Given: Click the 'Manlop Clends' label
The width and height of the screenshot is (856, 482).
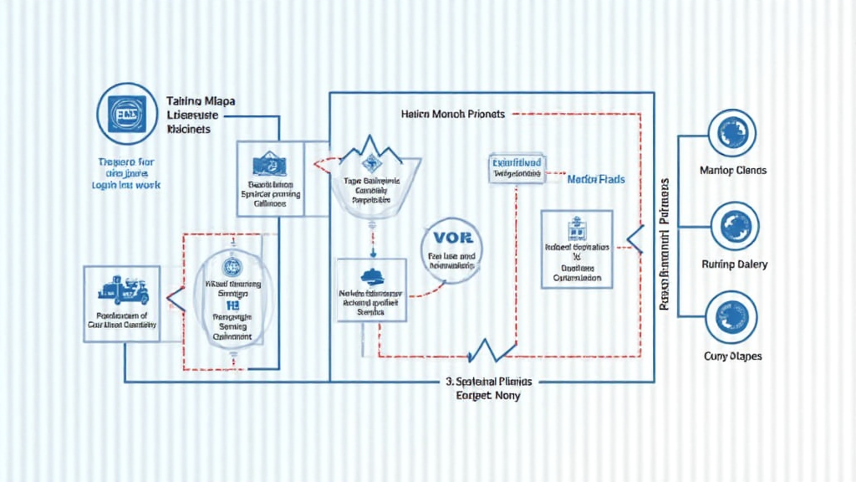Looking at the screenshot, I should click(733, 171).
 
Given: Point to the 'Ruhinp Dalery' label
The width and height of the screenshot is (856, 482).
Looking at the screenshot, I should click(734, 264).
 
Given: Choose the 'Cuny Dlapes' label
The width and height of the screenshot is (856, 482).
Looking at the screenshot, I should click(733, 356).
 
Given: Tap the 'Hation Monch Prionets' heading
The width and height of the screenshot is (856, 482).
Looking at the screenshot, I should click(453, 114).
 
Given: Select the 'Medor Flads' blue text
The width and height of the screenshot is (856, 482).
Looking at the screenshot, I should click(596, 179).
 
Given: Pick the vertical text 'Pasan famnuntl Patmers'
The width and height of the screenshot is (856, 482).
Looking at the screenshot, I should click(666, 244).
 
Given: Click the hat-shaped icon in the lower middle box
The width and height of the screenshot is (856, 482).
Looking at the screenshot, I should click(371, 277).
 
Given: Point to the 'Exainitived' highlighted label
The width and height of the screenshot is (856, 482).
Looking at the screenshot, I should click(516, 162).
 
